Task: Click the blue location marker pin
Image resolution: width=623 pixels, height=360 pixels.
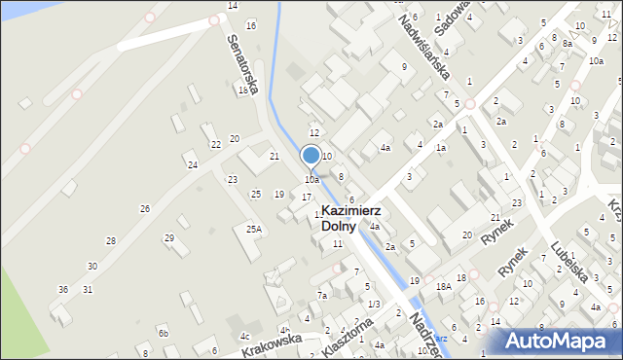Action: click(x=311, y=156)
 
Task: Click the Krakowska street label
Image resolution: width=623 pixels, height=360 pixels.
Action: click(x=272, y=342)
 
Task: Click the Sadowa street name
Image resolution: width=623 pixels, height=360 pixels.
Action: click(x=455, y=17)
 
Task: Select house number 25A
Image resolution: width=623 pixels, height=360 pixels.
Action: click(x=254, y=230)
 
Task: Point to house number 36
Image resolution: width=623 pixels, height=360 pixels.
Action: click(x=63, y=289)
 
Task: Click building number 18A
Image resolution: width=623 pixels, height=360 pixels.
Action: click(x=444, y=287)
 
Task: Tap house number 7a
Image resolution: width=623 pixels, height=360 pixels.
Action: click(x=321, y=295)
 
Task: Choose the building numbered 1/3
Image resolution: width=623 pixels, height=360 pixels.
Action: click(x=374, y=304)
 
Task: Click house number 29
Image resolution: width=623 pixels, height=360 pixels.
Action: click(x=168, y=237)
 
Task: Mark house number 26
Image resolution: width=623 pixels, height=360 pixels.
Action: click(x=144, y=209)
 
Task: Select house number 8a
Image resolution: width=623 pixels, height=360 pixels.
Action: click(x=567, y=43)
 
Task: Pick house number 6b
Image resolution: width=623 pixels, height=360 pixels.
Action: click(x=164, y=334)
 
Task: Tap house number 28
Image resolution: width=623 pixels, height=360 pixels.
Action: click(x=111, y=240)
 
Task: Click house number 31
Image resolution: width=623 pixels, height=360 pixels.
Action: click(x=88, y=289)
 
